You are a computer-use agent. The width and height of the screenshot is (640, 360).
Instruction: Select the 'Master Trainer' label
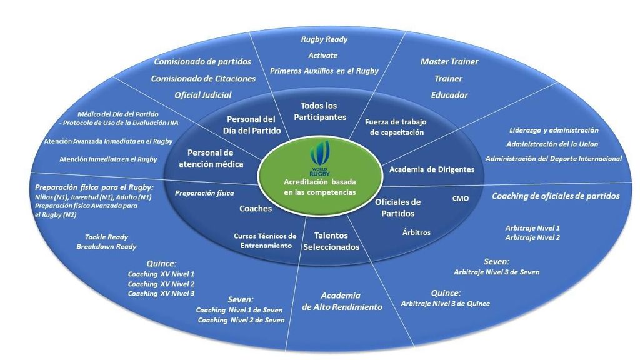pos(449,62)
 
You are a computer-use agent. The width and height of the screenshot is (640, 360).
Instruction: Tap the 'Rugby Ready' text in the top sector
pos(324,39)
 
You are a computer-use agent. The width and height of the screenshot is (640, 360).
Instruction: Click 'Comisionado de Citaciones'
pos(203,79)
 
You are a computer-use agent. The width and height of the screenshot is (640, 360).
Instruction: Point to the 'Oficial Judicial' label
pos(203,95)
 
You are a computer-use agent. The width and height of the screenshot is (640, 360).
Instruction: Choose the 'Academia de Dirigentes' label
pos(431,169)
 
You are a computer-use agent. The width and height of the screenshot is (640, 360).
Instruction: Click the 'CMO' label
pos(461,199)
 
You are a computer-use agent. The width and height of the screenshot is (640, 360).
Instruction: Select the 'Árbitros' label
pos(416,232)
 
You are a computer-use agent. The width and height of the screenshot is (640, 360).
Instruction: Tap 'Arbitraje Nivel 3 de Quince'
pos(445,304)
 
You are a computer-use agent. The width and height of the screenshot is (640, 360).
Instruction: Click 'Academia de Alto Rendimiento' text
pos(341,301)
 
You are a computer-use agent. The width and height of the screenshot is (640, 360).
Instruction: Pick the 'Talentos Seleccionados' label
pos(331,241)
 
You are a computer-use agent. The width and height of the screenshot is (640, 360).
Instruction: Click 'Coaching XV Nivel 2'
pos(161,284)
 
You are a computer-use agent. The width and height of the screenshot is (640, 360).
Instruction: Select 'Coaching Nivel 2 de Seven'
pos(241,320)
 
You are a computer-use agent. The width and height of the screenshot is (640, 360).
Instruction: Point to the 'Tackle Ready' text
pos(106,237)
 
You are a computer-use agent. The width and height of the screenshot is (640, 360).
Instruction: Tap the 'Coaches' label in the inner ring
pos(256,209)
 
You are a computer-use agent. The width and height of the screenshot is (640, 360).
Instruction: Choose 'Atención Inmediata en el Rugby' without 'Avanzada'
pos(108,159)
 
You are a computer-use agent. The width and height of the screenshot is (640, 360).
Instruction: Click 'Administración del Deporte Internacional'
pos(554,159)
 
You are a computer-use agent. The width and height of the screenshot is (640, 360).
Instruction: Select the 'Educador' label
pos(449,95)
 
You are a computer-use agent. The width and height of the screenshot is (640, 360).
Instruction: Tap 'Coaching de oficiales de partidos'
pos(556,196)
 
